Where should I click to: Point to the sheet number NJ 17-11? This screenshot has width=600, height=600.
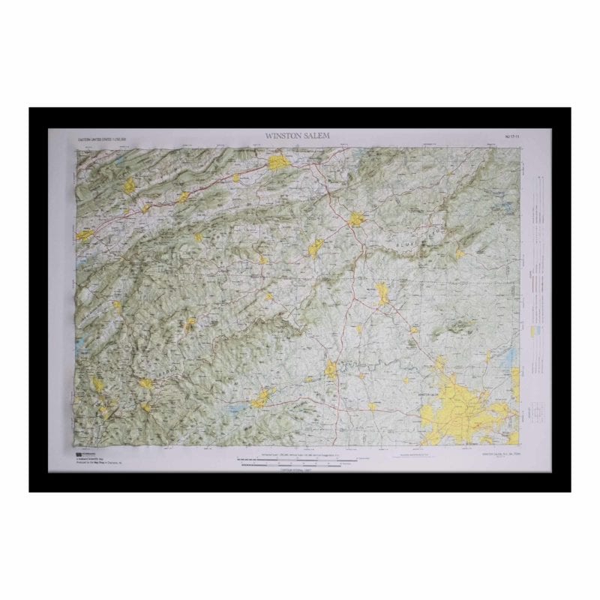click(516, 136)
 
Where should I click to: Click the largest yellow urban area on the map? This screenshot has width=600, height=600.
click(457, 409)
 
